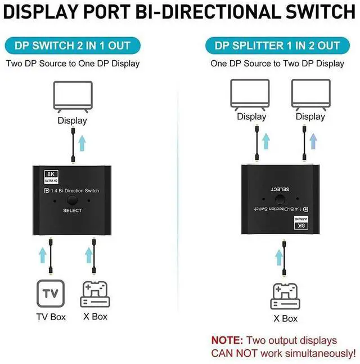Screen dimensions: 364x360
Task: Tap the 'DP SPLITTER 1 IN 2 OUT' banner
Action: point(277,46)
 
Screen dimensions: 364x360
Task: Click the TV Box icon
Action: point(51,293)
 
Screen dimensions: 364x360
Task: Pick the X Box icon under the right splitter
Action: point(285,294)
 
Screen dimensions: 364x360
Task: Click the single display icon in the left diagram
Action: point(72,95)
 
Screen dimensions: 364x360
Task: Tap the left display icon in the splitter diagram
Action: point(251,93)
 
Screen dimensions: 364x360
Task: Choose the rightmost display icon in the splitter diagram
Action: point(310,93)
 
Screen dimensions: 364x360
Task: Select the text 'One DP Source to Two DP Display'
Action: point(277,63)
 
